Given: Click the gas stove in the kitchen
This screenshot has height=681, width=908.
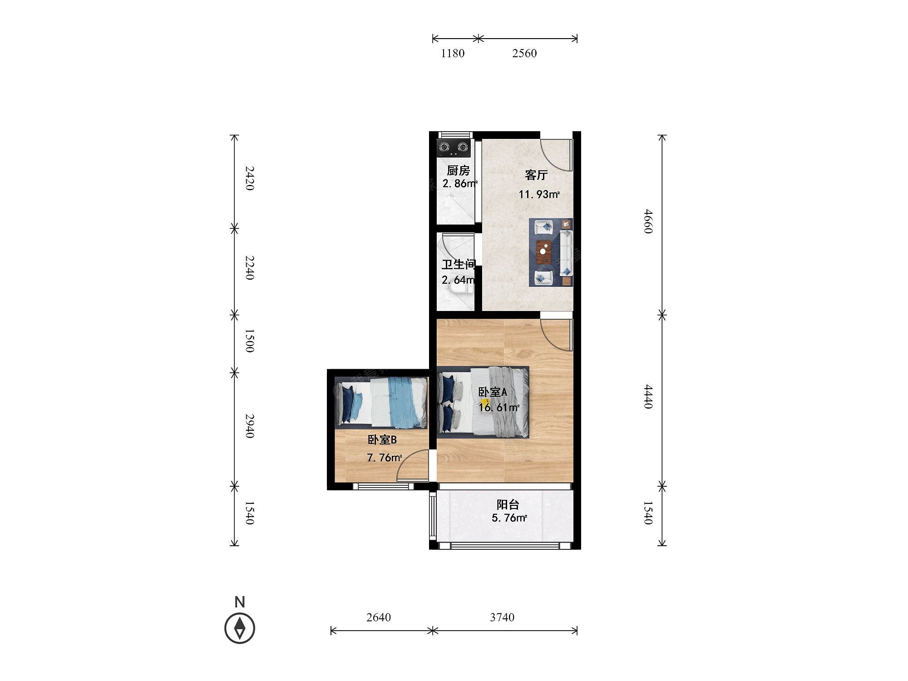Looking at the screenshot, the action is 453,148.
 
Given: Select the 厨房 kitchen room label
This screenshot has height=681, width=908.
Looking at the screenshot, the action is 458,170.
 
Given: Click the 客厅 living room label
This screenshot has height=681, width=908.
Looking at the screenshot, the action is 536,175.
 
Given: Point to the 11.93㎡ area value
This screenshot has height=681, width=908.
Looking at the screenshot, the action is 539,195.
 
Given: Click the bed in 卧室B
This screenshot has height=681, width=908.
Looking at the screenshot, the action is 381,402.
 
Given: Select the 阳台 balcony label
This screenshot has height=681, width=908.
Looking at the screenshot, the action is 508,504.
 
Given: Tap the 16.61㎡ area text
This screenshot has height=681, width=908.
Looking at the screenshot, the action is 498,407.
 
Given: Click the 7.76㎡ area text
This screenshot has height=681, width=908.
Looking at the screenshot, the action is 384,458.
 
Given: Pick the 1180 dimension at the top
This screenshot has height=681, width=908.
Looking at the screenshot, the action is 453,53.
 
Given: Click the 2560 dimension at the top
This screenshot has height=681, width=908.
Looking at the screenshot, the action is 524,53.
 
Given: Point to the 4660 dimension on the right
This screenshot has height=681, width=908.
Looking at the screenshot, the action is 648,221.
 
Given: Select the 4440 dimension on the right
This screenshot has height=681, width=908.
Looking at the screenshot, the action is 648,396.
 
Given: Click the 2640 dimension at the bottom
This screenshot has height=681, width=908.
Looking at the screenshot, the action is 379,617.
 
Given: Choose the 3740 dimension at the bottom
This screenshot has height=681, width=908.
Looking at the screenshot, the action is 502,617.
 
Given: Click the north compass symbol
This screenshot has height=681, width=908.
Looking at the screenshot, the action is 240,628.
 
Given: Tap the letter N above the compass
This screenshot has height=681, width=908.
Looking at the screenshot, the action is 240,602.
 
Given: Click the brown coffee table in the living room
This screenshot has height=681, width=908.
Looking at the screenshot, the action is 543,252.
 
